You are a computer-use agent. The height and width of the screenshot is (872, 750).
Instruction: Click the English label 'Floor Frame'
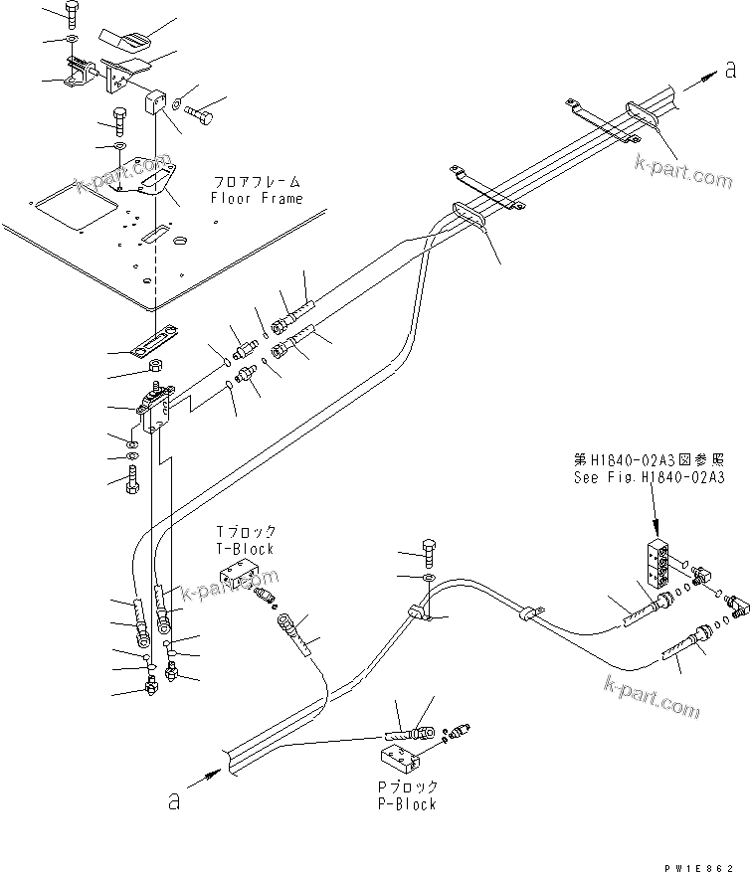pyautogui.click(x=256, y=198)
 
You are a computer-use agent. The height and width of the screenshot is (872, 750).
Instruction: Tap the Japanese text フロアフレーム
pyautogui.click(x=256, y=183)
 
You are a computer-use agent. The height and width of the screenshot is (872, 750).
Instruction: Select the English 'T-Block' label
pyautogui.click(x=246, y=548)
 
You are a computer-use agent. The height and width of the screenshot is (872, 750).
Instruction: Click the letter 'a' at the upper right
pyautogui.click(x=730, y=69)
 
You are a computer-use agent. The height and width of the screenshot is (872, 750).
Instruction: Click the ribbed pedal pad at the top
pyautogui.click(x=126, y=43)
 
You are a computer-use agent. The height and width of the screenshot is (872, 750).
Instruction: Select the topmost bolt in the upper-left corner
pyautogui.click(x=72, y=13)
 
